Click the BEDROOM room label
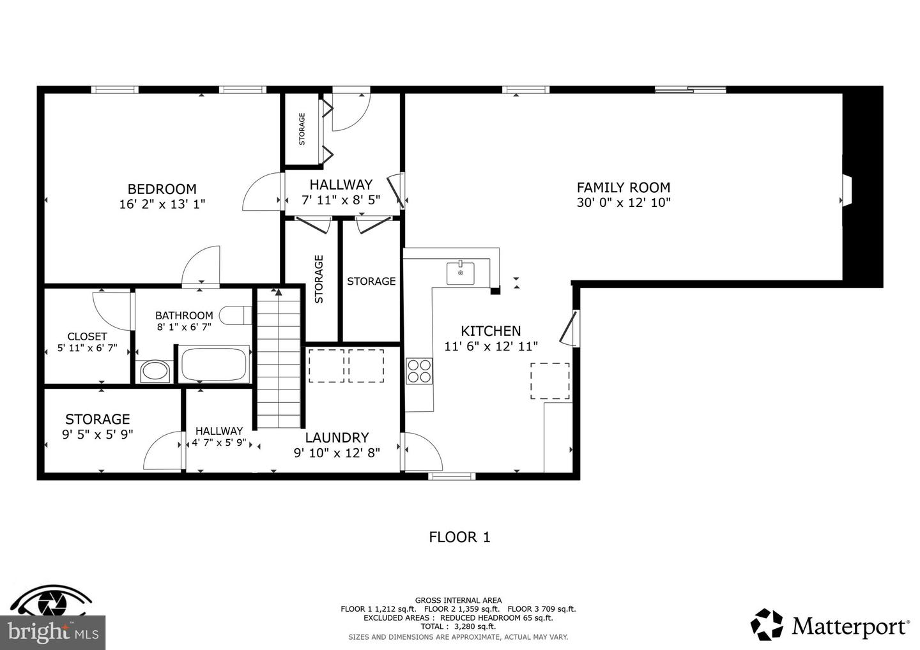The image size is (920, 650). pyautogui.click(x=162, y=189)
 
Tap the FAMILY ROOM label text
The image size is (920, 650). pyautogui.click(x=623, y=188)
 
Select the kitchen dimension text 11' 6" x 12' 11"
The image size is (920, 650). pyautogui.click(x=491, y=346)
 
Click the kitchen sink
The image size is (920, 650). pyautogui.click(x=461, y=273)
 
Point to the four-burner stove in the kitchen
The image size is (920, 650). pyautogui.click(x=419, y=372)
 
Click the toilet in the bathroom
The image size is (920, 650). pyautogui.click(x=235, y=315)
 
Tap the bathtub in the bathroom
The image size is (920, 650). pyautogui.click(x=215, y=364)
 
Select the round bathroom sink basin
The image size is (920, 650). pyautogui.click(x=155, y=372)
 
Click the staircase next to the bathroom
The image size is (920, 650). pyautogui.click(x=279, y=358)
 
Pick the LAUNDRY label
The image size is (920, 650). pyautogui.click(x=337, y=437)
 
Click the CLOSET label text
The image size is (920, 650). pyautogui.click(x=87, y=336)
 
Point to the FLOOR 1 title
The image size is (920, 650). pyautogui.click(x=459, y=537)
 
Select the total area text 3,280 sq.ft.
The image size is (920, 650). pyautogui.click(x=475, y=626)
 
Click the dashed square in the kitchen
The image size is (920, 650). pyautogui.click(x=550, y=381)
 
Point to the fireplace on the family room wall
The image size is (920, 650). pyautogui.click(x=846, y=190)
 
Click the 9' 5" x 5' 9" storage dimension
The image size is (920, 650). pyautogui.click(x=98, y=435)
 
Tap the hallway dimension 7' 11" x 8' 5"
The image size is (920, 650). pyautogui.click(x=341, y=200)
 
